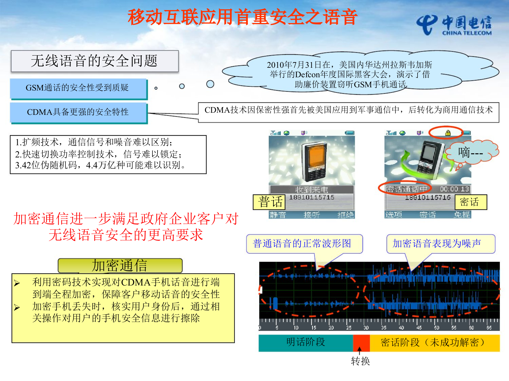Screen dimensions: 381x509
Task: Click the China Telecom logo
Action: coord(454,25)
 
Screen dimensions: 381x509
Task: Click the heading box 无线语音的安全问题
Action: coord(95,61)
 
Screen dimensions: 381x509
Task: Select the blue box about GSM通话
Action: coord(78,88)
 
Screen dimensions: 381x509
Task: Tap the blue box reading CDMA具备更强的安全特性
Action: coord(78,112)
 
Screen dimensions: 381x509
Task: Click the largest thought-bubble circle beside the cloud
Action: coord(210,84)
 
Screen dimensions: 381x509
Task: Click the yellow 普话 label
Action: coord(269,202)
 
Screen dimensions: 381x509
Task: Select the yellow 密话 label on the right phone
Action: coord(471,202)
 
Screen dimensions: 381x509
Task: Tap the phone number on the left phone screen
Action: coord(311,197)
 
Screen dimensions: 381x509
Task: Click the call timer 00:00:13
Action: coord(454,189)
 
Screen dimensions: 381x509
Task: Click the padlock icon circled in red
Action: coord(448,133)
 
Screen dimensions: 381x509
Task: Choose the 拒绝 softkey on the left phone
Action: coord(345,215)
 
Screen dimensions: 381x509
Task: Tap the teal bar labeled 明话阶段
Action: coord(305,343)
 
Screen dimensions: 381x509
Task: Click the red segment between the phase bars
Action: coord(361,343)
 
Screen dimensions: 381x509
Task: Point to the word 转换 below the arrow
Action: coord(360,361)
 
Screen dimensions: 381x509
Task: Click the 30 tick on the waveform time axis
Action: coord(366,328)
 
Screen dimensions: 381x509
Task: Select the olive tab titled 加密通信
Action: coord(120,266)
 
